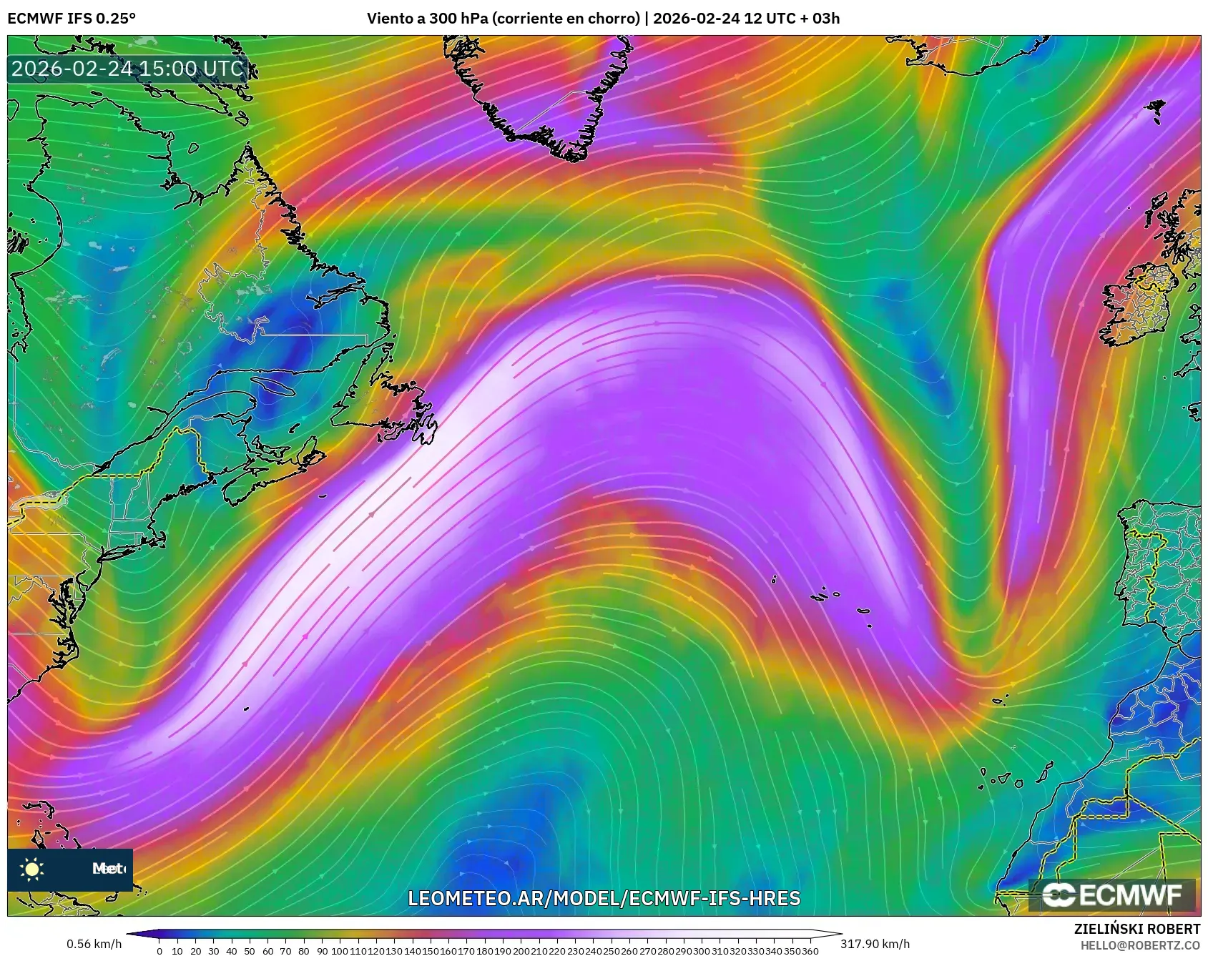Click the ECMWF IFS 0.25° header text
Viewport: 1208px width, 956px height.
click(72, 18)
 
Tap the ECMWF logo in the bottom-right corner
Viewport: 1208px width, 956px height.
click(1112, 895)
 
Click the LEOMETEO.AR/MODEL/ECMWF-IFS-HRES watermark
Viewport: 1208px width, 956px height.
click(604, 898)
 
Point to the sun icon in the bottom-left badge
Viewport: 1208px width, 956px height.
click(32, 869)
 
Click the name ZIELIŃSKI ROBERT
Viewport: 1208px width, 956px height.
click(1136, 929)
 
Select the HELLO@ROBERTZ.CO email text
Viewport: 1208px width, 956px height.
click(1140, 945)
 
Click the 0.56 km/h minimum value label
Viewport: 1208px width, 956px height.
click(94, 944)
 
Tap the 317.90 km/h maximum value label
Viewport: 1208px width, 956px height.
click(875, 944)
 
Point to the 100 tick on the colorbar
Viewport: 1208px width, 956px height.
click(340, 951)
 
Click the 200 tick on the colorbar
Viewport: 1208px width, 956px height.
click(521, 951)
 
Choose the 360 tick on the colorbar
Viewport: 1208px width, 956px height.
click(810, 951)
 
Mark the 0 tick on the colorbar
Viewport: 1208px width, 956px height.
click(159, 951)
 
